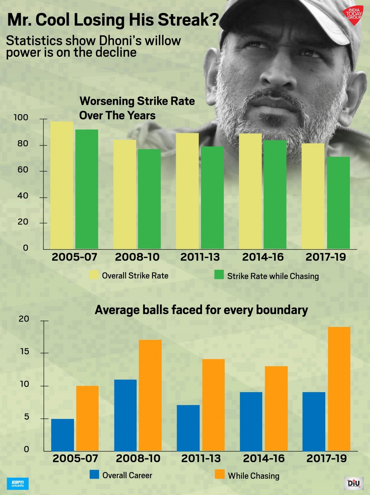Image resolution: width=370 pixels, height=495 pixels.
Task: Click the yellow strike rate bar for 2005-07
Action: (62, 185)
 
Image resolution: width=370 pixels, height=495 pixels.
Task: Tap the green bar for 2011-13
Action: (212, 197)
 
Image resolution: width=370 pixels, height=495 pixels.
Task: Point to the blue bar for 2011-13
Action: (188, 428)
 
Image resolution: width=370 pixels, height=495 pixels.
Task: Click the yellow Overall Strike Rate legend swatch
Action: (94, 275)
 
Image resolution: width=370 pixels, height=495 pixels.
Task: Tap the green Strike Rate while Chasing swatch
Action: (219, 275)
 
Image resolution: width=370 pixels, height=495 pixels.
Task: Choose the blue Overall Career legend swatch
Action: (94, 474)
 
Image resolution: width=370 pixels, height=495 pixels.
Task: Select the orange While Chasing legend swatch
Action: (220, 474)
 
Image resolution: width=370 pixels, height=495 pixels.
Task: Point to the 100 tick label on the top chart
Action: (21, 117)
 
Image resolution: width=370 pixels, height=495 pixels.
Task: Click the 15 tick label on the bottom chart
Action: (25, 351)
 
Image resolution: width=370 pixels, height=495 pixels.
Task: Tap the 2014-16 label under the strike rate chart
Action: (263, 257)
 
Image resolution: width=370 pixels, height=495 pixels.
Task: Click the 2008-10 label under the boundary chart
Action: (138, 458)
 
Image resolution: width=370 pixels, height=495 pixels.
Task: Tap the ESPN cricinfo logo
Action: (18, 484)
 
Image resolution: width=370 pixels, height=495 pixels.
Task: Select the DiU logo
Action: (354, 483)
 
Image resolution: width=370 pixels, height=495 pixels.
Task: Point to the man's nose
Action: (277, 74)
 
